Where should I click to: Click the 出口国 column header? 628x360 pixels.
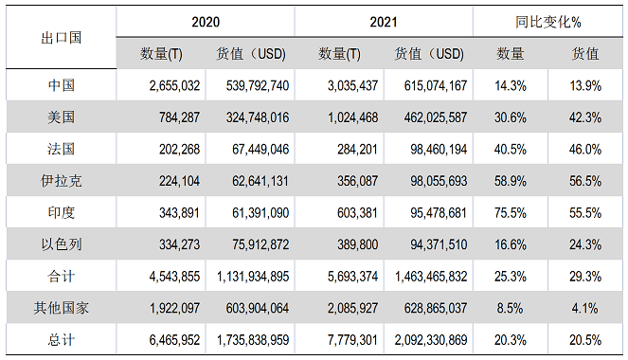tap(61, 38)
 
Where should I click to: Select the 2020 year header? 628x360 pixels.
tap(205, 21)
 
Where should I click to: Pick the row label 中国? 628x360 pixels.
tap(61, 85)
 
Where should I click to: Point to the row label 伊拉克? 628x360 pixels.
tap(61, 180)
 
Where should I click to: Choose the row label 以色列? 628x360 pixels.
tap(61, 243)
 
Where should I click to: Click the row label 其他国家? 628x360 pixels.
tap(61, 307)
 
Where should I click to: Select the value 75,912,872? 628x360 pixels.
tap(253, 243)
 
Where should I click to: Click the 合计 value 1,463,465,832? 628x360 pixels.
tap(423, 276)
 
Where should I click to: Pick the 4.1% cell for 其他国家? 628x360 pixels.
tap(587, 307)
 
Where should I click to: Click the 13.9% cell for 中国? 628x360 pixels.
tap(587, 85)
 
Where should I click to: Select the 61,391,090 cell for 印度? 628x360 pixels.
tap(253, 212)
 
